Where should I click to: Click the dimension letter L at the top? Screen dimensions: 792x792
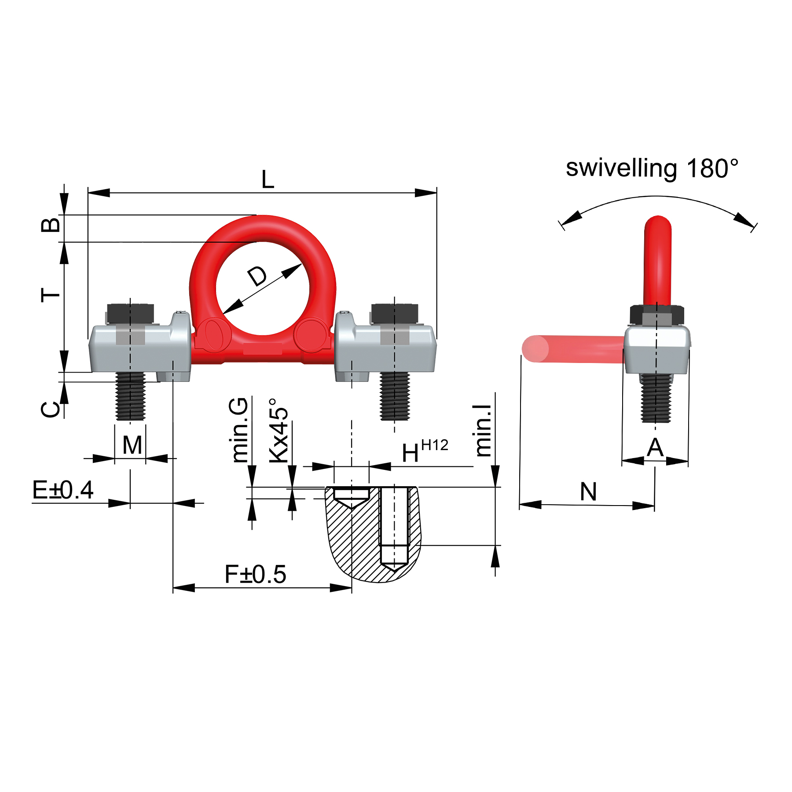click(x=268, y=180)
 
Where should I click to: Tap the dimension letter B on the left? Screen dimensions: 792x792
click(x=51, y=225)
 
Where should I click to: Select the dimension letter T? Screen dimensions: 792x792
click(x=50, y=295)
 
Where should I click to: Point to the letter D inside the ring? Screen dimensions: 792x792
click(x=257, y=276)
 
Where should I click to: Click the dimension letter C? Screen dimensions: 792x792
click(x=51, y=409)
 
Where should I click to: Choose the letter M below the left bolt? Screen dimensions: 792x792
click(x=132, y=445)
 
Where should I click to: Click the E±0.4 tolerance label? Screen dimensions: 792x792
click(x=63, y=490)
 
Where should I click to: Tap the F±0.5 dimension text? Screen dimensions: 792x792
click(x=255, y=574)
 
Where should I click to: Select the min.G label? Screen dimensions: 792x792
click(x=240, y=429)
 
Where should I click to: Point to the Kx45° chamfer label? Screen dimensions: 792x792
click(x=279, y=430)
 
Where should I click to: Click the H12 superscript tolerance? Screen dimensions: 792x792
click(x=434, y=445)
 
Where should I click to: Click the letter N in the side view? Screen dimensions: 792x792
click(x=588, y=492)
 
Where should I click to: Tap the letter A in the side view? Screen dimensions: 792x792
click(x=655, y=448)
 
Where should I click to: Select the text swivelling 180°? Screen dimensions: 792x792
click(x=652, y=168)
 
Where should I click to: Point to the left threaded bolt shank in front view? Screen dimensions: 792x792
click(x=130, y=396)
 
